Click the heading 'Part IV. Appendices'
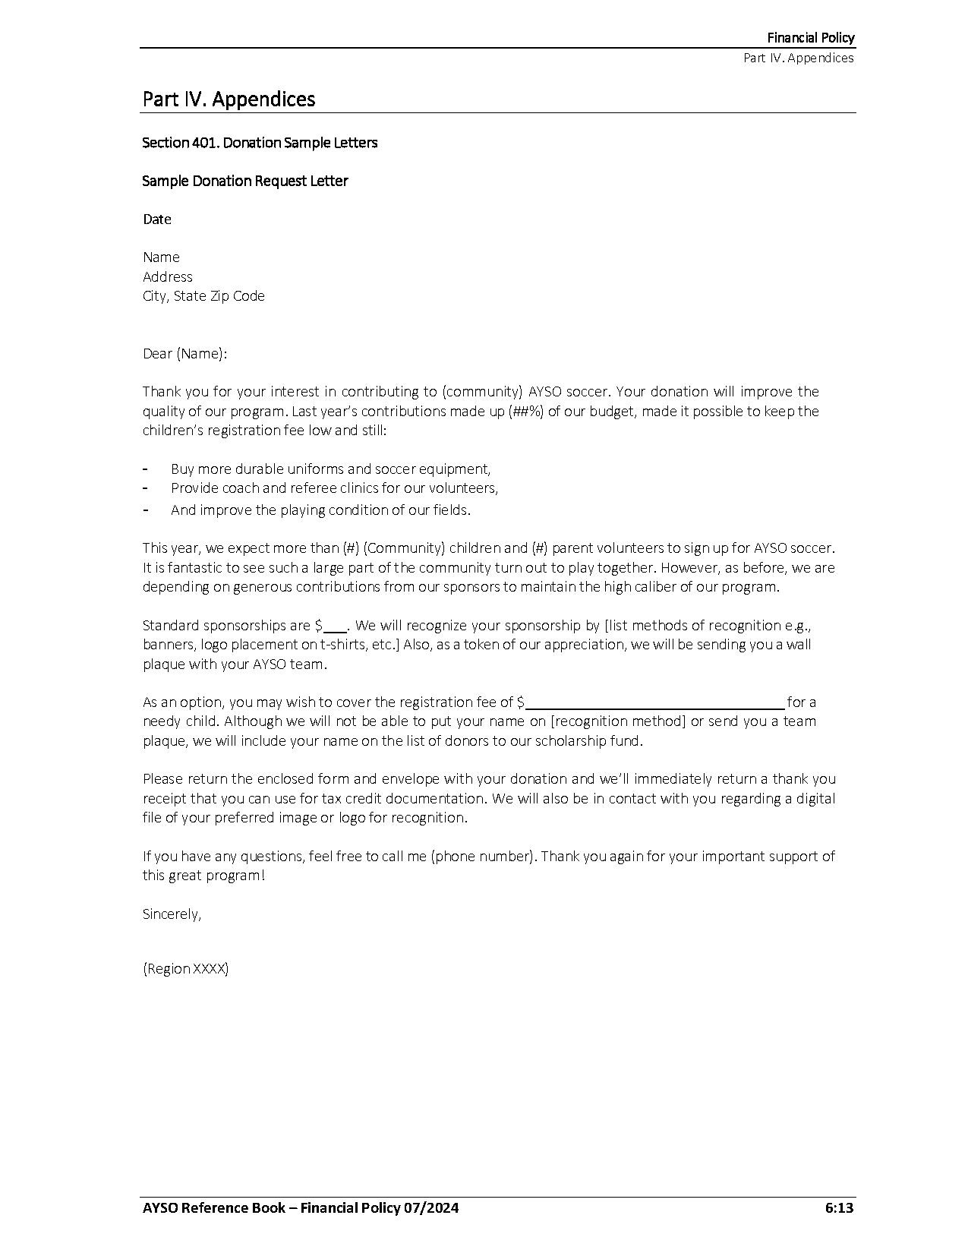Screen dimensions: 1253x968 [229, 99]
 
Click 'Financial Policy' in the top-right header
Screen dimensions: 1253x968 [810, 38]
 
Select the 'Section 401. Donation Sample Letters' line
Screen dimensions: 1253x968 [260, 143]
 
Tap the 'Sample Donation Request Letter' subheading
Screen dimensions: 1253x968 [245, 181]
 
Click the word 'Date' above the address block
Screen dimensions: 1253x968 [157, 219]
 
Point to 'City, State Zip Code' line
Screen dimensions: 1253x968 [203, 296]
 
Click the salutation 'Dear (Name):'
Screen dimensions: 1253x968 [185, 354]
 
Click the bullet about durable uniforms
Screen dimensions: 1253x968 [330, 469]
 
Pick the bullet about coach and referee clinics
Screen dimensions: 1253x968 [334, 488]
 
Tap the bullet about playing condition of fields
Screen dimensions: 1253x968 [320, 510]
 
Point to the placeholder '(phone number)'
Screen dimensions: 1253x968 [483, 857]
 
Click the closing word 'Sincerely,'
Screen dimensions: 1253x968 [172, 914]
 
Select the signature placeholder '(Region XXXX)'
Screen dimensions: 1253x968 [185, 969]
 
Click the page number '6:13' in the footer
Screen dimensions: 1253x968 [839, 1208]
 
